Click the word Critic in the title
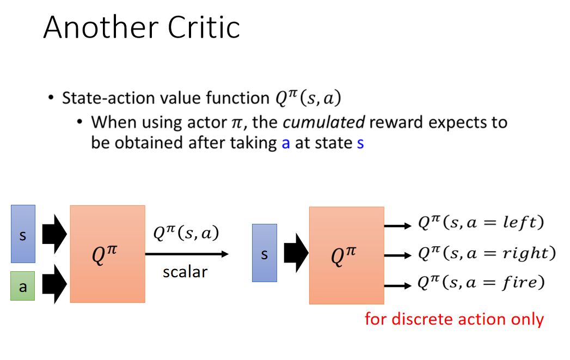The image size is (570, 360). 204,27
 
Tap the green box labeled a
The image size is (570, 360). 22,286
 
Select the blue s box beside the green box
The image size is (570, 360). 23,234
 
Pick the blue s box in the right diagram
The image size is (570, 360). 265,253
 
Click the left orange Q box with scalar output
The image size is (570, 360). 108,254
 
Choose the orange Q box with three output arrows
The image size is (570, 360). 347,255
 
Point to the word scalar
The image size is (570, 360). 185,272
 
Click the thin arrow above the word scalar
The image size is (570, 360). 187,254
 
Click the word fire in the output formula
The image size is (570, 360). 519,282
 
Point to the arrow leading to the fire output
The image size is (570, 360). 397,286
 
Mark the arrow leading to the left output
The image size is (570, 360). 397,226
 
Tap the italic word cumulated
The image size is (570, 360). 323,122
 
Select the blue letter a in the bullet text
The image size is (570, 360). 286,143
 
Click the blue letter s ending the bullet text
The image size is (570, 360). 360,143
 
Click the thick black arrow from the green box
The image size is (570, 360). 54,284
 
